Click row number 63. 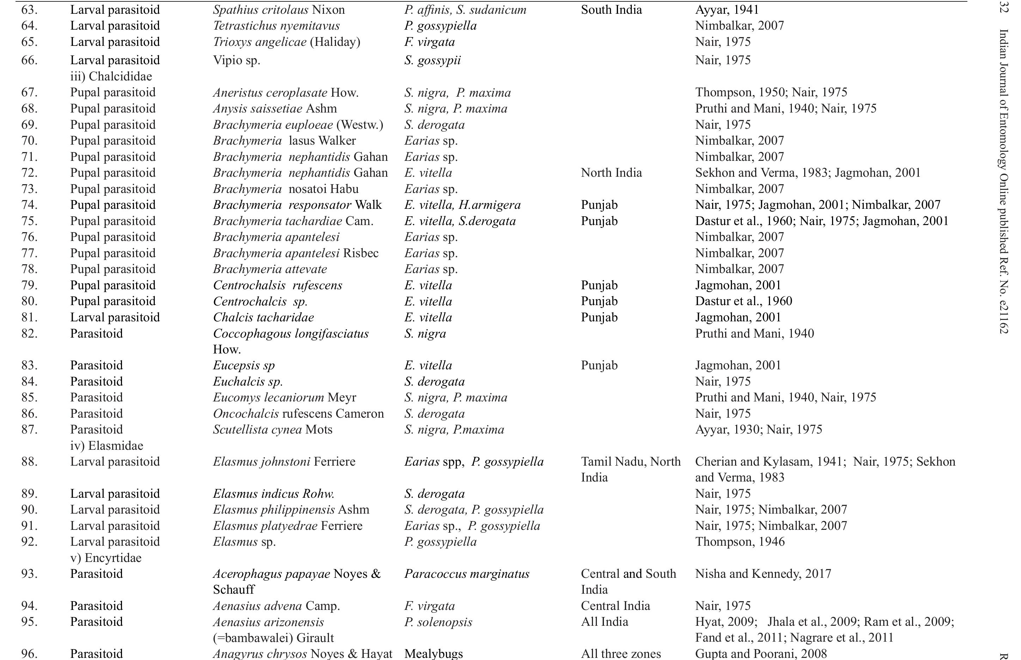pyautogui.click(x=29, y=10)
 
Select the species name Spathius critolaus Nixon pyautogui.click(x=279, y=10)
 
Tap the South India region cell pyautogui.click(x=611, y=10)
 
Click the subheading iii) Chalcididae pyautogui.click(x=111, y=76)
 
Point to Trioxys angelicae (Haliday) pyautogui.click(x=287, y=42)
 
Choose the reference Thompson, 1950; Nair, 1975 pyautogui.click(x=771, y=92)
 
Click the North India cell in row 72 pyautogui.click(x=611, y=173)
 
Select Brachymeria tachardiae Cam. pyautogui.click(x=293, y=221)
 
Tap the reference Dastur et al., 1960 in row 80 pyautogui.click(x=744, y=301)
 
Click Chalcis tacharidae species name pyautogui.click(x=263, y=317)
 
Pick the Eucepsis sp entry pyautogui.click(x=244, y=365)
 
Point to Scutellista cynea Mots pyautogui.click(x=273, y=429)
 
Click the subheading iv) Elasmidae pyautogui.click(x=106, y=446)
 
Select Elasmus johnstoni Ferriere pyautogui.click(x=284, y=461)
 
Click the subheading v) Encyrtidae pyautogui.click(x=105, y=558)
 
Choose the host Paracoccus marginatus pyautogui.click(x=467, y=574)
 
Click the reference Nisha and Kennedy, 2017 pyautogui.click(x=763, y=574)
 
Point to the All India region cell pyautogui.click(x=604, y=622)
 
